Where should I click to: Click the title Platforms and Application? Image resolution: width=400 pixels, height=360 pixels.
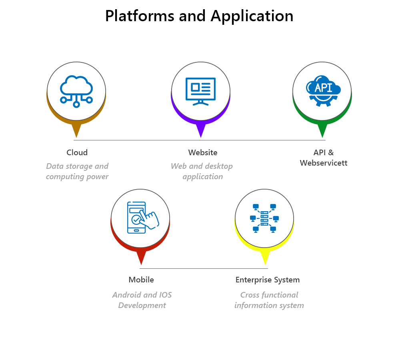pyautogui.click(x=199, y=16)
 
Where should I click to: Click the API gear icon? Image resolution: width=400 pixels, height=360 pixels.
pyautogui.click(x=323, y=91)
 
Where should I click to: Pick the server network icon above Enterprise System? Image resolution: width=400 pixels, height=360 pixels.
pyautogui.click(x=264, y=218)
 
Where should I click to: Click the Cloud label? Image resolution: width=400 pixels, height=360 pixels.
pyautogui.click(x=77, y=152)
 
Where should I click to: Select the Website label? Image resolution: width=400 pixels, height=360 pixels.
pyautogui.click(x=203, y=152)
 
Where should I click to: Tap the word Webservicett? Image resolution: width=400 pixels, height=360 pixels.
pyautogui.click(x=324, y=163)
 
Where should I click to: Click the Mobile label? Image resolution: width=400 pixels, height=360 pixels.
pyautogui.click(x=141, y=280)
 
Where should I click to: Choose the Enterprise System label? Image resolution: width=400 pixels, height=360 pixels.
pyautogui.click(x=268, y=280)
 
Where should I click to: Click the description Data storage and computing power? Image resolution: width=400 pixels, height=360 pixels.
pyautogui.click(x=77, y=171)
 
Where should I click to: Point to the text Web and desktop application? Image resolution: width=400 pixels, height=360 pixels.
pyautogui.click(x=202, y=171)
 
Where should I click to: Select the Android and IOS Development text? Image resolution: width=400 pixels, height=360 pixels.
pyautogui.click(x=142, y=300)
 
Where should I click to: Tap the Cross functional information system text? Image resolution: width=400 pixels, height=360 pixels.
pyautogui.click(x=269, y=300)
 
